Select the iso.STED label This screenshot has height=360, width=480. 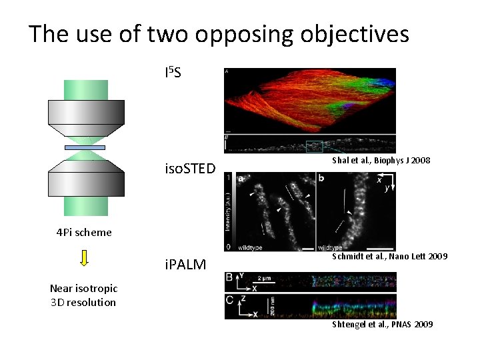tap(190, 169)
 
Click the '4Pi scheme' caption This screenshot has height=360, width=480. tap(84, 233)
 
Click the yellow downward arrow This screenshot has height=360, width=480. tap(84, 257)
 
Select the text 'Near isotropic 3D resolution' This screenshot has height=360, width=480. tap(84, 295)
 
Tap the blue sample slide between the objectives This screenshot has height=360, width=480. tap(85, 147)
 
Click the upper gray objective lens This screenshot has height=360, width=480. tap(85, 117)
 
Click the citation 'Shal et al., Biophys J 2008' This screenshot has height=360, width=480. tap(381, 161)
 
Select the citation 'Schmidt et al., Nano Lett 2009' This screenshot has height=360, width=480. tap(390, 257)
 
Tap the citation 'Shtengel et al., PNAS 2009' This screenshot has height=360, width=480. tap(383, 325)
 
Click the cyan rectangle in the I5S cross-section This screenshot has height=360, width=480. tap(314, 146)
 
